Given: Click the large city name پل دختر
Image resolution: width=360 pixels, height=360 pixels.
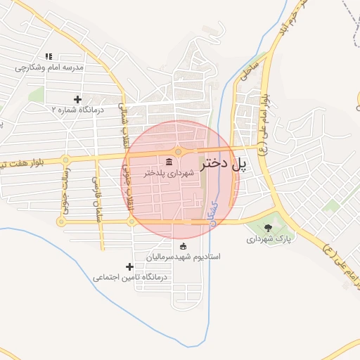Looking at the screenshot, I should point(225,165).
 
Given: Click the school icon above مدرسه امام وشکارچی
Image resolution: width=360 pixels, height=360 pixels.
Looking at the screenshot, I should point(49,57).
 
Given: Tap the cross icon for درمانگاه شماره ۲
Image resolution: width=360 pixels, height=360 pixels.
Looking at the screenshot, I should point(77,99).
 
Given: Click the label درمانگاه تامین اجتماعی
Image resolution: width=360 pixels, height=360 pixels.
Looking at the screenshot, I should point(129,278).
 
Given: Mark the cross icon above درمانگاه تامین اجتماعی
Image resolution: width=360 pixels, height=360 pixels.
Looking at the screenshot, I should point(129,267).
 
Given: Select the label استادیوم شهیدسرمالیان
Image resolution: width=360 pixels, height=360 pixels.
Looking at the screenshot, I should point(184,257).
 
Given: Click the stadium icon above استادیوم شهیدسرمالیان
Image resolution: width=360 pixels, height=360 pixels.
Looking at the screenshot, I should point(184,246).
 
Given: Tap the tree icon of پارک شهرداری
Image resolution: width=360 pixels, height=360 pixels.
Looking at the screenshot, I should point(268,227).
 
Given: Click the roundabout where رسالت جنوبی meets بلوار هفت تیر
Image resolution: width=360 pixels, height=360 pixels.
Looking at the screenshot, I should point(65,160).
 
